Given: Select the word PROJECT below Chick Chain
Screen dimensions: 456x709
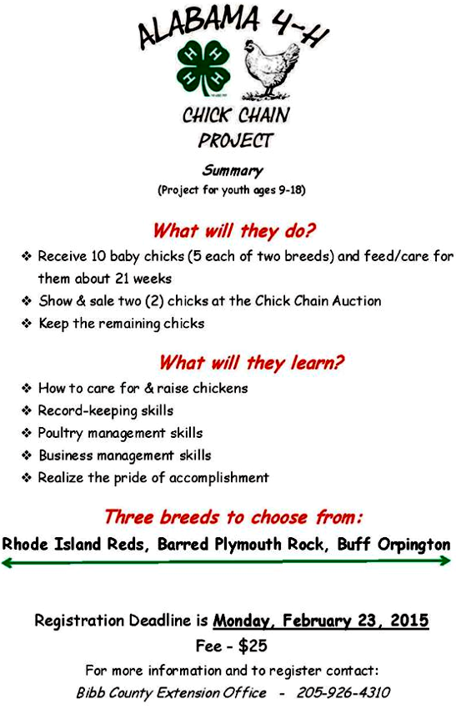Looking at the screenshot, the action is pos(235,141).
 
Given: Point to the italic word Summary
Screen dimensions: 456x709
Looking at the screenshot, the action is pos(233,170).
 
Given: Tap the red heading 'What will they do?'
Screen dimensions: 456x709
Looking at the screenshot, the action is pos(233,230).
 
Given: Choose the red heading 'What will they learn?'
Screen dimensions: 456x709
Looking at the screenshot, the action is pos(251,362).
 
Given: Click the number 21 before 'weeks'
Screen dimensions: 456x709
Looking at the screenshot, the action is pos(123,279).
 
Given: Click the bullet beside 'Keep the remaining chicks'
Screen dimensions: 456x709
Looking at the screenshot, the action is pos(27,324).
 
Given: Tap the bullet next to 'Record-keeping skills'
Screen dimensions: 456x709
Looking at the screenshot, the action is pos(27,410).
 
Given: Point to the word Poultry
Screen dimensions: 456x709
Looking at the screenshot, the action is pos(60,433).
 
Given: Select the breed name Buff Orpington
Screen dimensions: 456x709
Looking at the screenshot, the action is pos(393,544).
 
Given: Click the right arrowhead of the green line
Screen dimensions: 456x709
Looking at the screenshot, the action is pos(447,561).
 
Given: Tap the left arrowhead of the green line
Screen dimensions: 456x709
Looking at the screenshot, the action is pos(7,562).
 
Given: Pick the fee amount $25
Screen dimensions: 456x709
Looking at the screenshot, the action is pos(253,646).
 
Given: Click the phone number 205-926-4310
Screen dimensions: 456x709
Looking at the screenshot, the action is pos(343,692).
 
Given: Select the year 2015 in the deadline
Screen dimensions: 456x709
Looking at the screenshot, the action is pos(409,620).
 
